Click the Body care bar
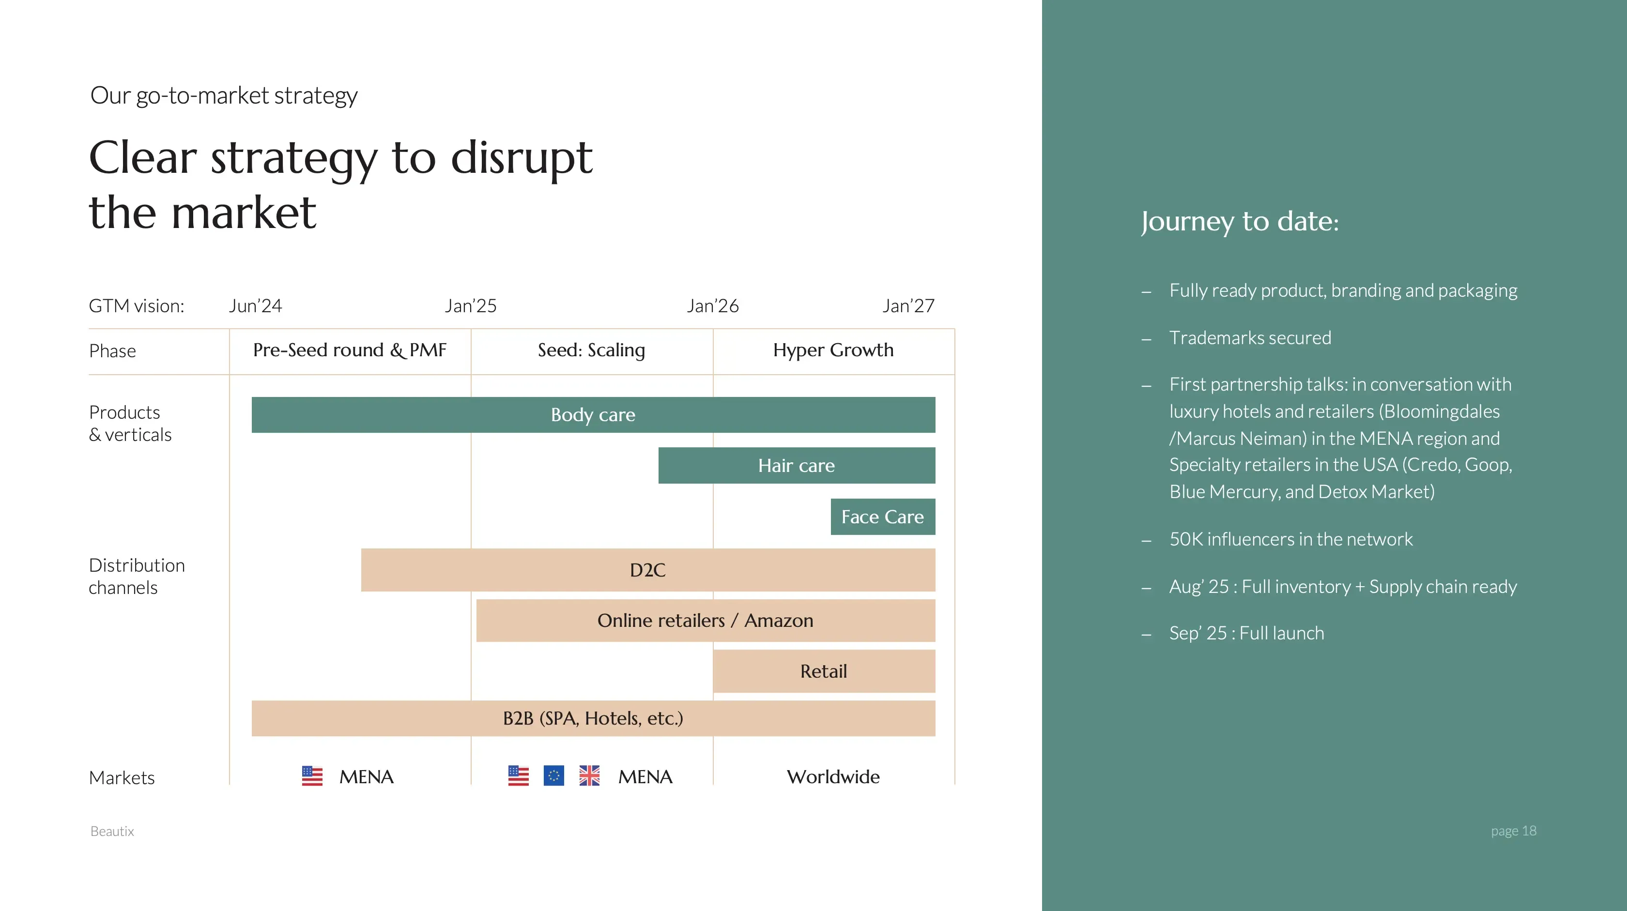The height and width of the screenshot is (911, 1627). (593, 415)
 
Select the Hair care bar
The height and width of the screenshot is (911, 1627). (797, 465)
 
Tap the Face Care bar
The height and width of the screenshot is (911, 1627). (882, 516)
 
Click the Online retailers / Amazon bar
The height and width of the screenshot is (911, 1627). (706, 621)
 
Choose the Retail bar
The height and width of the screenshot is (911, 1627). (824, 671)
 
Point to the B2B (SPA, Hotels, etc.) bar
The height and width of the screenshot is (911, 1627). (593, 718)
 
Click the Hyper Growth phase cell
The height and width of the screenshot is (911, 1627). (833, 350)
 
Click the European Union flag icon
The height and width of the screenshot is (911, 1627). (554, 775)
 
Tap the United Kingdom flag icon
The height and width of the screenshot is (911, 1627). (589, 775)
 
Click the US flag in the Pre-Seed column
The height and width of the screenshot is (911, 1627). (312, 775)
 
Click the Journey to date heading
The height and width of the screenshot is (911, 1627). (1240, 222)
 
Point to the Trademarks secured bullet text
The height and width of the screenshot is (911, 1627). (1250, 338)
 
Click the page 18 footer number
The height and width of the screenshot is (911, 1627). (1513, 831)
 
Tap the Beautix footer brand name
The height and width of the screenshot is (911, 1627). (112, 832)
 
